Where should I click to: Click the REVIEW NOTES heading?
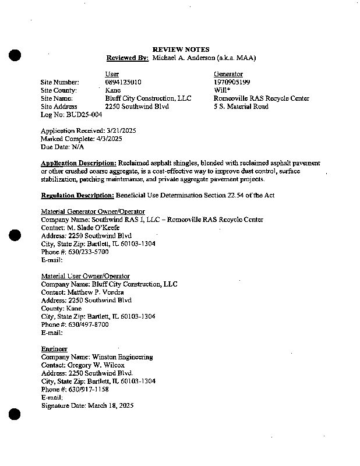click(181, 50)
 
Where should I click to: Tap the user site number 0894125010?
click(123, 83)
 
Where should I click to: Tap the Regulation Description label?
click(77, 196)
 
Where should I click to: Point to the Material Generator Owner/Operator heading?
click(93, 211)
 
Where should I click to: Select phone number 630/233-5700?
click(85, 252)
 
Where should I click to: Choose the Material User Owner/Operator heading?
click(86, 276)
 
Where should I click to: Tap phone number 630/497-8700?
click(85, 325)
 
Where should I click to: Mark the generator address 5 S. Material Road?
click(241, 107)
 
